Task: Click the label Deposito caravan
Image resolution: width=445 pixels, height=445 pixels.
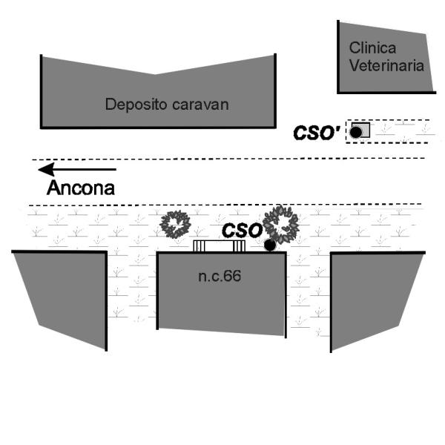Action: click(x=167, y=104)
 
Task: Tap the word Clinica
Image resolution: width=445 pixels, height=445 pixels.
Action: click(x=369, y=47)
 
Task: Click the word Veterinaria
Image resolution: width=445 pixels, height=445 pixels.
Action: click(x=387, y=65)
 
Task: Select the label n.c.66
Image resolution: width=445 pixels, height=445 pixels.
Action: click(x=220, y=277)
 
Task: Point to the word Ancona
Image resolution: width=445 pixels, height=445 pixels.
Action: click(x=81, y=188)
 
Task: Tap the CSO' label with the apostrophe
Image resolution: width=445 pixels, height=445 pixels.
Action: click(x=317, y=133)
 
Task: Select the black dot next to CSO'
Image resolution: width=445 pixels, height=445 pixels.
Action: click(x=356, y=132)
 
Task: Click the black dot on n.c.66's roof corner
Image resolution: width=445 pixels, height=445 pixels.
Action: click(x=270, y=244)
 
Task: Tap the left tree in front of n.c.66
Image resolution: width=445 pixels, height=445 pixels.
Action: click(x=177, y=224)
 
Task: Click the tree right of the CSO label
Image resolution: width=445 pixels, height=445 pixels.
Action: click(x=281, y=223)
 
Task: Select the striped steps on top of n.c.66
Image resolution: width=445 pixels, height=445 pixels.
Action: click(x=220, y=245)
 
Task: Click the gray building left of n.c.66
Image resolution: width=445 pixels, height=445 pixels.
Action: click(x=63, y=293)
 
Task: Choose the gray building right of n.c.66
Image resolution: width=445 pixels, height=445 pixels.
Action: click(x=375, y=293)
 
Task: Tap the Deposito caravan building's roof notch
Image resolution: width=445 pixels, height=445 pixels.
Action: click(x=155, y=75)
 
